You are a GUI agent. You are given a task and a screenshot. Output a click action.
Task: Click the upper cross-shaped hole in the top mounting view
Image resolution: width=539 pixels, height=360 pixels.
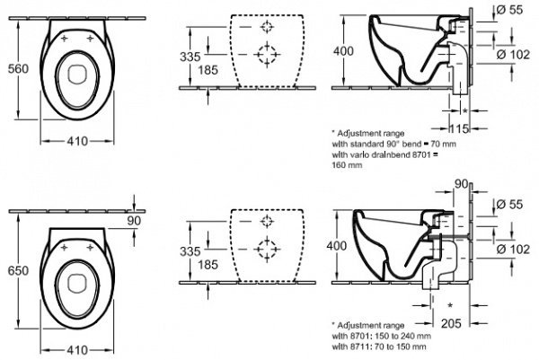(266, 26)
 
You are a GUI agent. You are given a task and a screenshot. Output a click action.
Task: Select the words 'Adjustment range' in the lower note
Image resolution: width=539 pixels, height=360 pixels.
(374, 323)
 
